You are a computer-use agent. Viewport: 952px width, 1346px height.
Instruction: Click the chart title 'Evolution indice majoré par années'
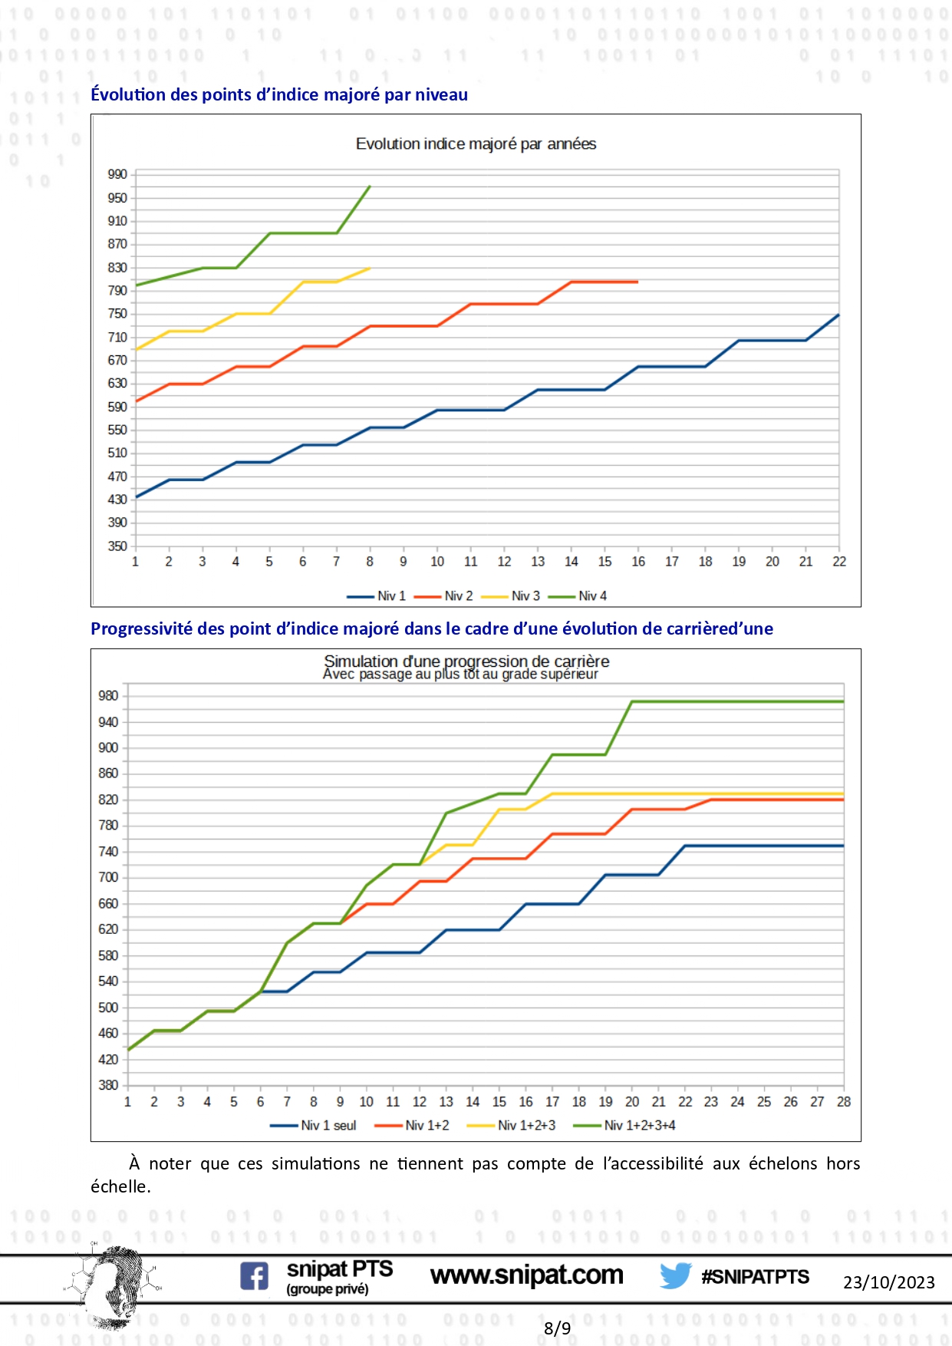[x=476, y=144]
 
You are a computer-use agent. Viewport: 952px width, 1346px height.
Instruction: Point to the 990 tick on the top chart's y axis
[x=117, y=175]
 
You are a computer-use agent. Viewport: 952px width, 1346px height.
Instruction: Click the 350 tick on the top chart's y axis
[x=117, y=546]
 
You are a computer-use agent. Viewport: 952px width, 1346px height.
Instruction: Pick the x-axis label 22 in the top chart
[x=839, y=562]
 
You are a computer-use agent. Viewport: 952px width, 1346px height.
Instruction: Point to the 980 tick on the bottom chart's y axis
[x=108, y=696]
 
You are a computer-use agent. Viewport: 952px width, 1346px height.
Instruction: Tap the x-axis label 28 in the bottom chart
[x=844, y=1102]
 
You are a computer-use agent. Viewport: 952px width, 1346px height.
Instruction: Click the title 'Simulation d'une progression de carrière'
[x=466, y=661]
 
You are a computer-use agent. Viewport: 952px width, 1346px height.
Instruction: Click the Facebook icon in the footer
[x=255, y=1276]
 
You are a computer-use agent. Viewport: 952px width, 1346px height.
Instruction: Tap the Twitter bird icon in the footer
[x=676, y=1276]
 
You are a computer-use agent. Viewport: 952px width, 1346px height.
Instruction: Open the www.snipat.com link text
[x=527, y=1275]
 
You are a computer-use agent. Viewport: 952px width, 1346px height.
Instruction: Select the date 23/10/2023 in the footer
[x=888, y=1282]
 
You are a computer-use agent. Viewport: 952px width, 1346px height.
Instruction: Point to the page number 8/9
[x=557, y=1328]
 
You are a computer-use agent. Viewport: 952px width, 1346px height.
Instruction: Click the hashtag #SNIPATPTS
[x=755, y=1277]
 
